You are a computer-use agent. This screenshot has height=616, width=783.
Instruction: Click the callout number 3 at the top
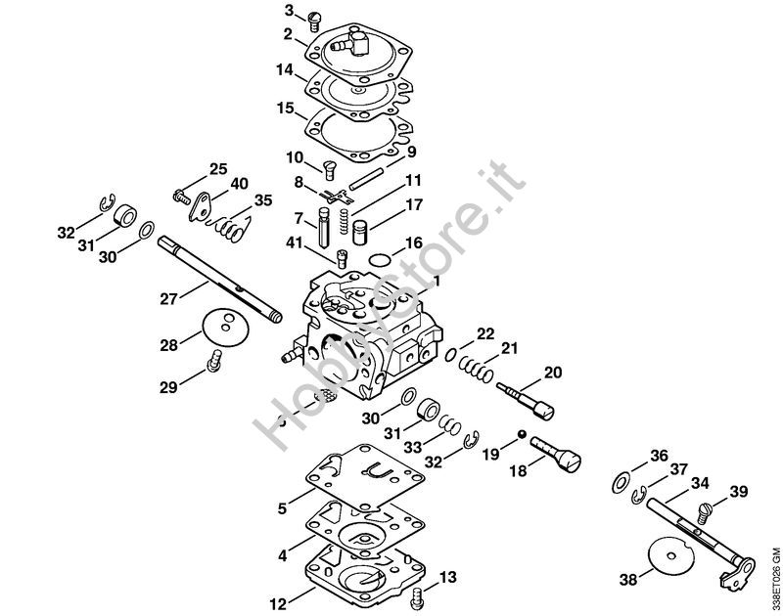(x=290, y=10)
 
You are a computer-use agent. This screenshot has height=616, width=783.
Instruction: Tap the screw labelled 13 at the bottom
(x=417, y=597)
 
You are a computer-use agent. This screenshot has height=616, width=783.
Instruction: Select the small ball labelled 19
(x=522, y=434)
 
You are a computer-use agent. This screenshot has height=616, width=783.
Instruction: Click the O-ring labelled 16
(x=380, y=260)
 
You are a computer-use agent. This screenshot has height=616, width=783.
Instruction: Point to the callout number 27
(x=168, y=299)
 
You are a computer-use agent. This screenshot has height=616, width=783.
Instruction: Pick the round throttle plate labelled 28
(x=225, y=328)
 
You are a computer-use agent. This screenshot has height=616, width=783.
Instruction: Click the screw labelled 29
(x=214, y=361)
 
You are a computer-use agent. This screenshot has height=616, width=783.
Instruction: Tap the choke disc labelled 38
(x=670, y=556)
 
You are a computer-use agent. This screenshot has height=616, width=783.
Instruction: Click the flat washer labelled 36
(x=621, y=484)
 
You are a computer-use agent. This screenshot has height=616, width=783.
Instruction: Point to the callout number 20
(x=553, y=373)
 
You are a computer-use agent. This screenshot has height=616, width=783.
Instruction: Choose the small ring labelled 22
(x=450, y=354)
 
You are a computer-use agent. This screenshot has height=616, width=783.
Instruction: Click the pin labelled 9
(x=366, y=178)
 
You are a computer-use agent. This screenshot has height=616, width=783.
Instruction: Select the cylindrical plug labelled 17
(x=359, y=233)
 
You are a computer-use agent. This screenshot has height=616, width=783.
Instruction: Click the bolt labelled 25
(x=181, y=196)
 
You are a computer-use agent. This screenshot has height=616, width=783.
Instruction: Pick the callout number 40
(x=239, y=184)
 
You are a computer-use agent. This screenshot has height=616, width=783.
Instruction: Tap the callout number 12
(x=279, y=604)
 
